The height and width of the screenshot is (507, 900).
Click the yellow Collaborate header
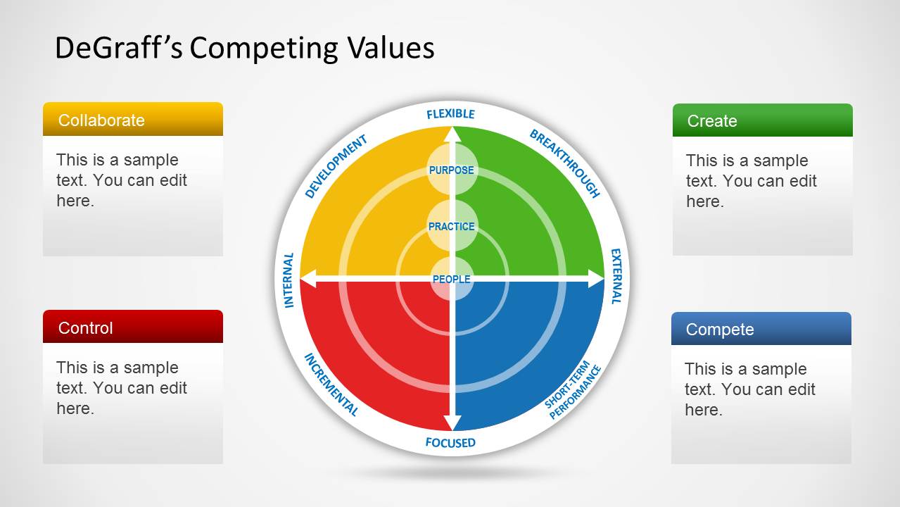click(x=133, y=119)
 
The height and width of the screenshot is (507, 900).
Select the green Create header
click(x=763, y=120)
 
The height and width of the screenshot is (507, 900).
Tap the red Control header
click(x=133, y=327)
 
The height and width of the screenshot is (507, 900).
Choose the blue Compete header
click(x=761, y=328)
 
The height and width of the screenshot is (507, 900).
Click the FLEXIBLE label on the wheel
click(x=450, y=114)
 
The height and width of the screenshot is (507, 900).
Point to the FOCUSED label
click(x=450, y=443)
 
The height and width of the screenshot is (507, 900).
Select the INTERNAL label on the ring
click(x=289, y=280)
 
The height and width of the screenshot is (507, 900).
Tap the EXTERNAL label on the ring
click(x=616, y=276)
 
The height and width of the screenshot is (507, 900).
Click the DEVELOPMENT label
click(x=336, y=166)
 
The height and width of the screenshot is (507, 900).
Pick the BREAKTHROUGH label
click(x=565, y=163)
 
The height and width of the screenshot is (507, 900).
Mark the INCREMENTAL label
click(x=331, y=384)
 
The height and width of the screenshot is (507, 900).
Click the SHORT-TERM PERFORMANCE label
click(x=573, y=390)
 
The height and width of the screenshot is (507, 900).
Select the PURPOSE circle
click(x=452, y=170)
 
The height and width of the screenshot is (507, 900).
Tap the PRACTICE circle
click(x=452, y=226)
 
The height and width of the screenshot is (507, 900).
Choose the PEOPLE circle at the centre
click(x=452, y=279)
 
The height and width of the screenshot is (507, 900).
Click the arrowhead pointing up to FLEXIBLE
click(x=452, y=134)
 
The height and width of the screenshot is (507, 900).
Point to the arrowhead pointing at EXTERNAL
click(x=596, y=279)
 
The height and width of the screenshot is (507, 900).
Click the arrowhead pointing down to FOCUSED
click(x=452, y=423)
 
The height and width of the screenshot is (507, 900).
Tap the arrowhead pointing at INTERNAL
click(x=308, y=279)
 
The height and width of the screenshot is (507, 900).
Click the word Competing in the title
click(x=264, y=49)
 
